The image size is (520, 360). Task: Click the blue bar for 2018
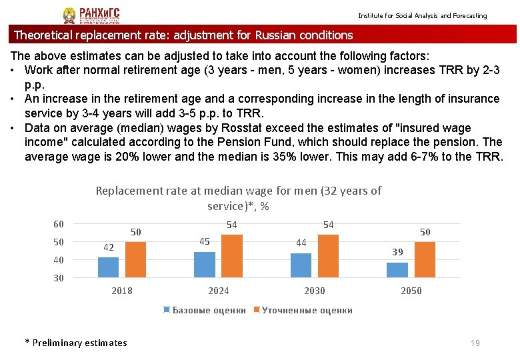[x=108, y=267]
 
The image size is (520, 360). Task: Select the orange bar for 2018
[x=135, y=260]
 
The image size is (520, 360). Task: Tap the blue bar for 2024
[x=205, y=265]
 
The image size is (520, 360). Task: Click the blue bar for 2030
[x=301, y=265]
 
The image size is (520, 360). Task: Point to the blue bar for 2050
[x=397, y=270]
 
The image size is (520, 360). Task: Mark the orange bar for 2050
[x=425, y=260]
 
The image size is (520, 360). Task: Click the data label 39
[x=397, y=252]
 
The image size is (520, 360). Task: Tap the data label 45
[x=205, y=241]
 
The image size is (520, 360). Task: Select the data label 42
[x=108, y=247]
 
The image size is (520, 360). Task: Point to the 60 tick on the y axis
[x=59, y=224]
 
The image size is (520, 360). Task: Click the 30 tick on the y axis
[x=59, y=279]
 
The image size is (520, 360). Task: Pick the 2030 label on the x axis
[x=315, y=291]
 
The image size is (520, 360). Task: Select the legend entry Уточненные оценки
[x=307, y=310]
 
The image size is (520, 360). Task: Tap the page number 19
[x=475, y=343]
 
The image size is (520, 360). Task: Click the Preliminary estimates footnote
[x=76, y=343]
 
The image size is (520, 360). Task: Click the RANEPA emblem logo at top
[x=69, y=15]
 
